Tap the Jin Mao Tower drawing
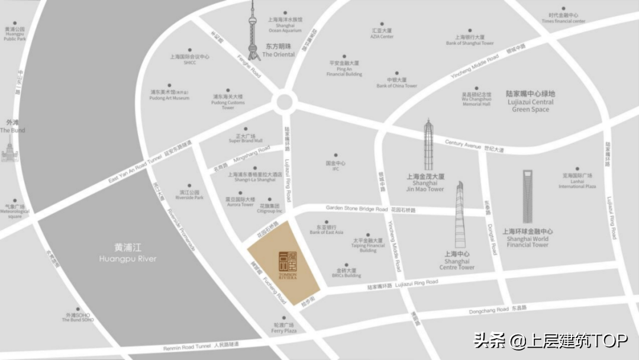[428, 145]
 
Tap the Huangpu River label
[128, 253]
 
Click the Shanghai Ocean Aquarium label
[285, 26]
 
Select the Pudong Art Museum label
[169, 95]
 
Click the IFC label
[335, 166]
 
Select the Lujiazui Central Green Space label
[531, 101]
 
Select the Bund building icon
[8, 154]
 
